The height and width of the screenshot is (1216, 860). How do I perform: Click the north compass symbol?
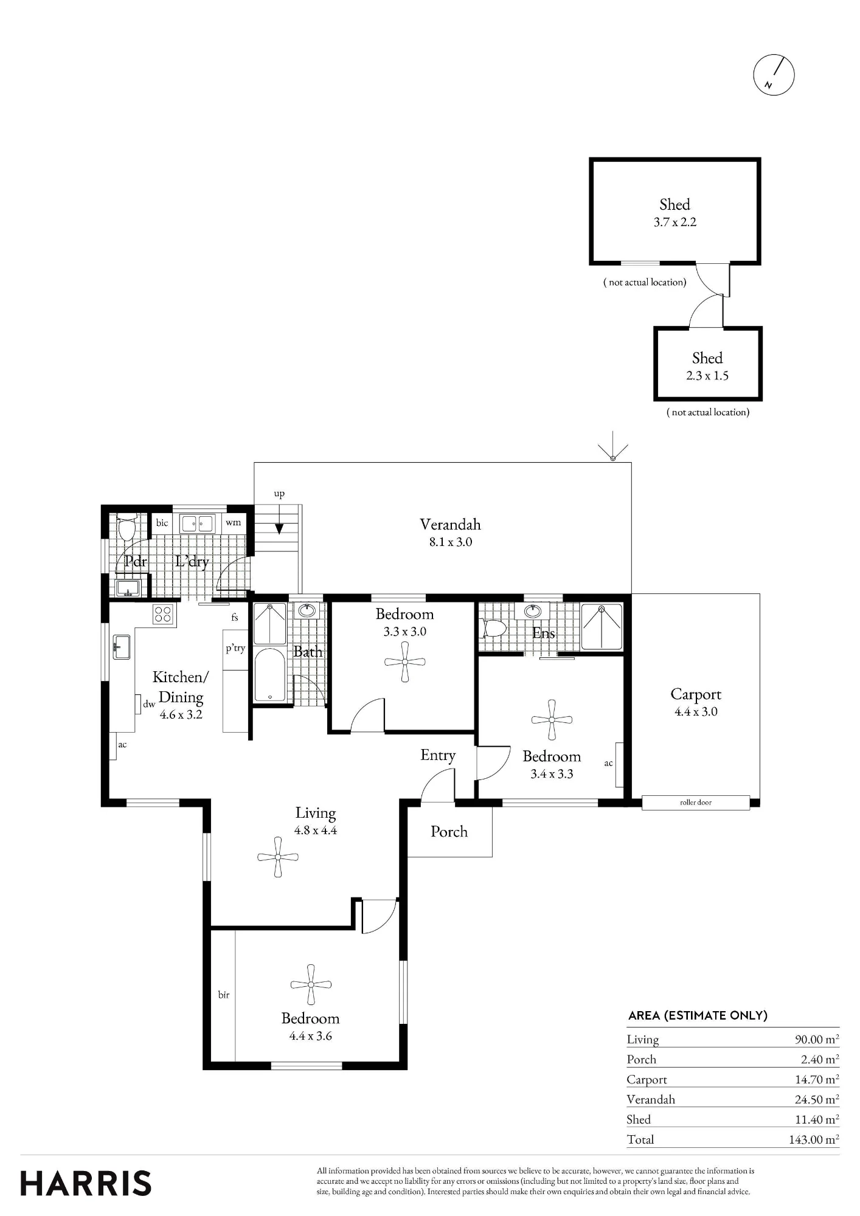[774, 75]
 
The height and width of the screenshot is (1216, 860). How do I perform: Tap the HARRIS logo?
[86, 1183]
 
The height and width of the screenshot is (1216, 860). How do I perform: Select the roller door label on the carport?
[696, 803]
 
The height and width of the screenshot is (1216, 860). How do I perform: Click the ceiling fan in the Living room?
[278, 857]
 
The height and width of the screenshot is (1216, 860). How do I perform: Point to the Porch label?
[449, 832]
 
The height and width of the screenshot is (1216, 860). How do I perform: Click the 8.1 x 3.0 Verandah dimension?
[451, 542]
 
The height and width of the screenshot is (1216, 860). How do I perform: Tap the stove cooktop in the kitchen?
[163, 614]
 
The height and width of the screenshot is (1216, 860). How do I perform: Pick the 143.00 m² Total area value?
[814, 1139]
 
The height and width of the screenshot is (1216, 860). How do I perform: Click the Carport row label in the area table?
[647, 1080]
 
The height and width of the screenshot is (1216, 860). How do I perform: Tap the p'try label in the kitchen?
[235, 648]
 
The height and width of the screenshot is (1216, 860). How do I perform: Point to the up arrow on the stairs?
[279, 527]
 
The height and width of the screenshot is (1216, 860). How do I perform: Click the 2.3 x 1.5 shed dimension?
[707, 376]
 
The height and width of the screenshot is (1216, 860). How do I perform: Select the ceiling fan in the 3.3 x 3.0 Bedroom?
[405, 662]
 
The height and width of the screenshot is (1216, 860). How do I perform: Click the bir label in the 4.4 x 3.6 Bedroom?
[224, 995]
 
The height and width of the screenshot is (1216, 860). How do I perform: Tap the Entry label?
[438, 756]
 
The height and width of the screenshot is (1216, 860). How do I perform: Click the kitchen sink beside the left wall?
[122, 647]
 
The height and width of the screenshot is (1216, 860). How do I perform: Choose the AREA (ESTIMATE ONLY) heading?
[698, 1015]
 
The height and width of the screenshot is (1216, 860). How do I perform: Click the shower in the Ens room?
[602, 627]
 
